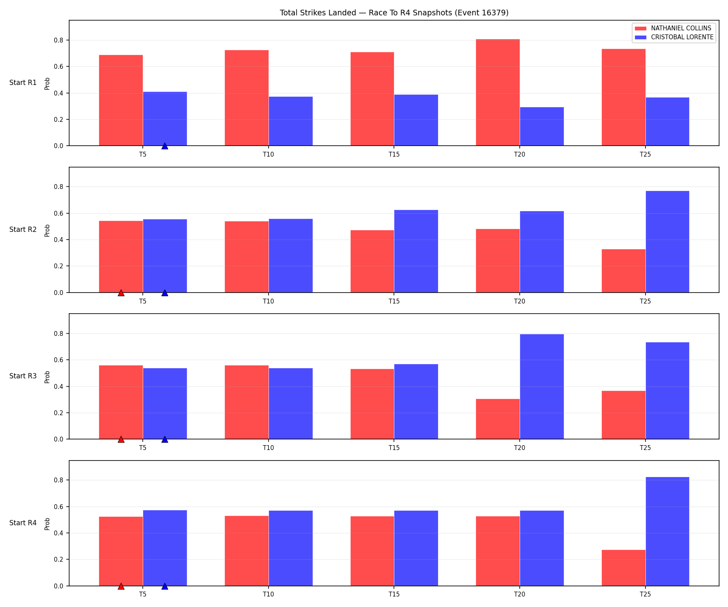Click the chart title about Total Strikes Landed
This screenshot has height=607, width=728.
point(394,13)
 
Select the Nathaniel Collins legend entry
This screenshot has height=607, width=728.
point(673,28)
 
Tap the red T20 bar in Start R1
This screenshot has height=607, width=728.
point(498,92)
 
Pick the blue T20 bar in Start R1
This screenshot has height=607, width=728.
point(542,126)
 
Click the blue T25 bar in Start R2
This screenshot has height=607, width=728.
point(667,242)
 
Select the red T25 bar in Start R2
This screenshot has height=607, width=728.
point(624,271)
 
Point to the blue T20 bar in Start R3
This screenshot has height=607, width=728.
point(542,386)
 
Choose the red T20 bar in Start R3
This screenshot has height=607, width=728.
point(498,419)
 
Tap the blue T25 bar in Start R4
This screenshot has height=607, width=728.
point(667,531)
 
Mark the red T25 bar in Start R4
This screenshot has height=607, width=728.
point(624,568)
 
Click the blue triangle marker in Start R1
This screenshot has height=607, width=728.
point(165,146)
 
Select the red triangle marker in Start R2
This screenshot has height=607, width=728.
point(121,293)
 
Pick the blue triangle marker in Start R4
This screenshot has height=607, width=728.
point(165,586)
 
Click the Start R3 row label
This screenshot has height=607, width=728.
point(23,376)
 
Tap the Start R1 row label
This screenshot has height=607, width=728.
point(23,83)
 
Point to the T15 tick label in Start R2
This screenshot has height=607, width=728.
point(394,301)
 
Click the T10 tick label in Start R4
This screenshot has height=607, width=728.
point(269,594)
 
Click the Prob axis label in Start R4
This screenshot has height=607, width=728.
point(47,523)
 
